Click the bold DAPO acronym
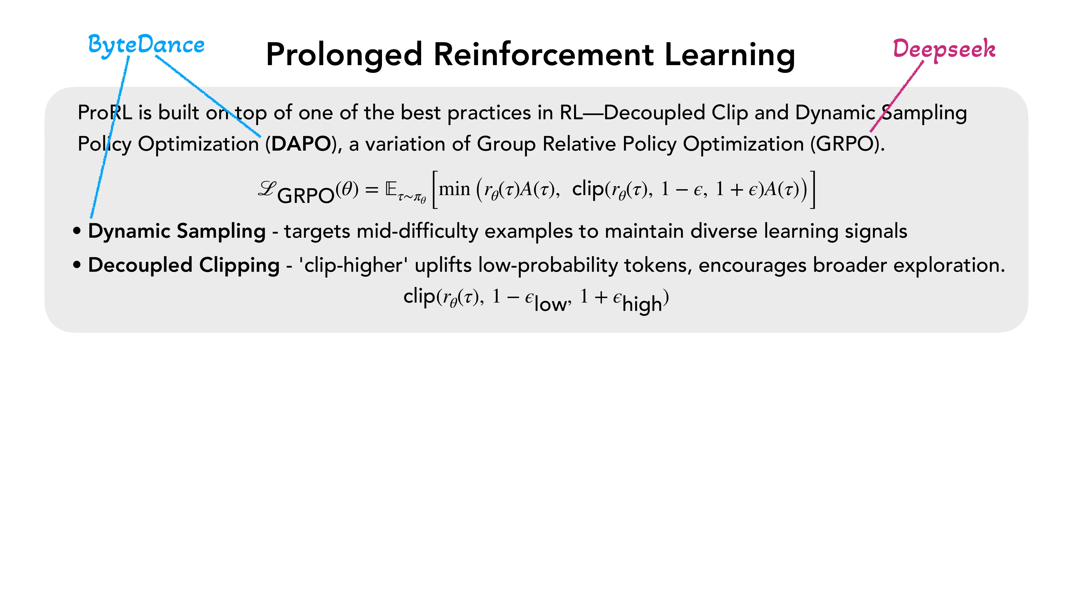(x=301, y=144)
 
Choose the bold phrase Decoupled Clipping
(x=184, y=265)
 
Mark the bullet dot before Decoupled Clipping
(x=77, y=265)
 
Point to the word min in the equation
(x=454, y=189)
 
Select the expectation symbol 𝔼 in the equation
(x=391, y=189)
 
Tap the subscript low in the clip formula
(x=550, y=304)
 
